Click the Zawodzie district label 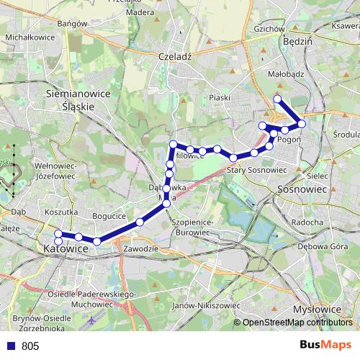tap(140, 248)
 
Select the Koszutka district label tap(60, 212)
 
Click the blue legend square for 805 tap(10, 346)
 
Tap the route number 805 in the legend tap(30, 346)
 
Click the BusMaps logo tap(325, 345)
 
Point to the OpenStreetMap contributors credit tap(297, 323)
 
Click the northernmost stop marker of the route tap(278, 99)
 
